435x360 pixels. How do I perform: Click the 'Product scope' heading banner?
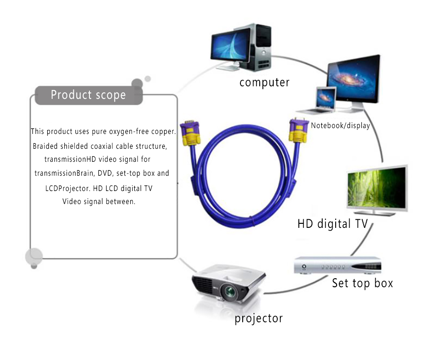tap(89, 95)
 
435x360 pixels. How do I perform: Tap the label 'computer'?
tap(264, 82)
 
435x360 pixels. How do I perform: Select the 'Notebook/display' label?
tap(340, 125)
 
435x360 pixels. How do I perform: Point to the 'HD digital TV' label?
tap(333, 223)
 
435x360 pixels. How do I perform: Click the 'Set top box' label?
tap(362, 283)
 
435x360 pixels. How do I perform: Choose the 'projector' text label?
tap(258, 319)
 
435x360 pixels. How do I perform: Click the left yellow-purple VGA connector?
tap(190, 134)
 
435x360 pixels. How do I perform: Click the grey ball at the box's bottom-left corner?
tap(34, 257)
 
